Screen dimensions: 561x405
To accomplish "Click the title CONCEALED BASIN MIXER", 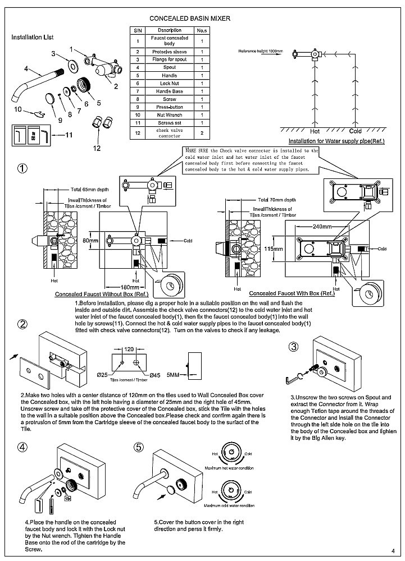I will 189,19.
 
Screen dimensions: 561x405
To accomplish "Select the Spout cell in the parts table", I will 169,67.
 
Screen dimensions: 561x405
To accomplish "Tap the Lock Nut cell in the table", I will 169,83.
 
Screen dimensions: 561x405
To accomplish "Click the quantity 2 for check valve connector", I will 202,133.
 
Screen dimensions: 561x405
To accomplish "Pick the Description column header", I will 169,29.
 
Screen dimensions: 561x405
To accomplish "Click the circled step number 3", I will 294,347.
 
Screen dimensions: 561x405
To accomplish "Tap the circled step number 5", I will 140,448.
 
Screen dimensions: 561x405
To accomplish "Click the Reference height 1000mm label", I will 261,51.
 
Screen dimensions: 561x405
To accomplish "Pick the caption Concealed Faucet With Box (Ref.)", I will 292,293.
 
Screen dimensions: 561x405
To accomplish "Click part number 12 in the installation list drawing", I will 97,148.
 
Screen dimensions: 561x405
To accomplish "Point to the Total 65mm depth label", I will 90,189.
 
